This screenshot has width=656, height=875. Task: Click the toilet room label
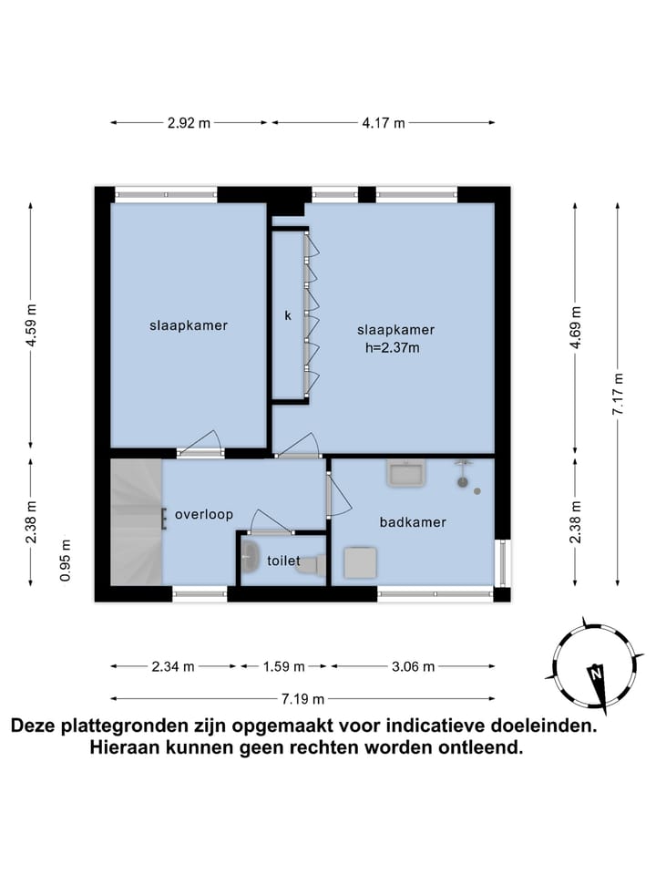tap(284, 561)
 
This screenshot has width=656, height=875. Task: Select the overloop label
tap(204, 514)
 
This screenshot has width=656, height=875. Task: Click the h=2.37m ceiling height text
tap(392, 346)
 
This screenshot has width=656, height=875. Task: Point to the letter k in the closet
tap(288, 316)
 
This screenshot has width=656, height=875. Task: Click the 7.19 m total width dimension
tap(302, 699)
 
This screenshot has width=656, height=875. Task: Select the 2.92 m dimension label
tap(189, 123)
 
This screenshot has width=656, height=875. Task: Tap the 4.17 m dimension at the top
tap(383, 123)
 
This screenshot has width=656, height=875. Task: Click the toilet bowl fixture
tap(311, 564)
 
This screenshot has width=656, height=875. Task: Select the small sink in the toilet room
tap(251, 553)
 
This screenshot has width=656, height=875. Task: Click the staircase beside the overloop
tap(135, 522)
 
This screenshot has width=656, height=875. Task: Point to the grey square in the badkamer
tap(358, 562)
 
